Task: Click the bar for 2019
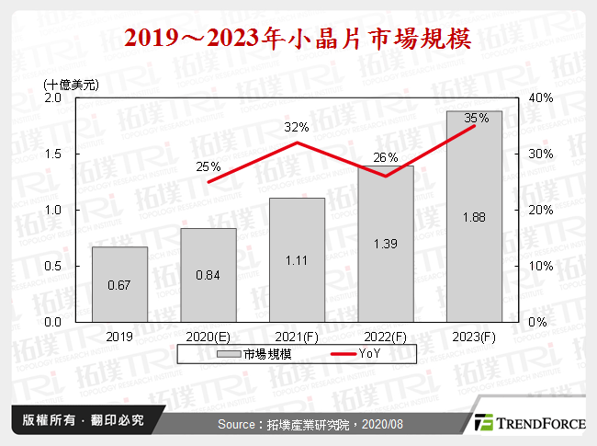coord(119,284)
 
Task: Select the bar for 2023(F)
coord(475,216)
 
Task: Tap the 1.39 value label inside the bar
coord(386,243)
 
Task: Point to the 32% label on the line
coord(296,127)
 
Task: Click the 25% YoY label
coord(208,166)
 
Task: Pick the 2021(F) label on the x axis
coord(297,336)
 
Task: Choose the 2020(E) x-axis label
coord(208,336)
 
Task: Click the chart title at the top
coord(298,39)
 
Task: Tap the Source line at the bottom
coord(310,424)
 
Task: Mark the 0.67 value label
coord(119,285)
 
